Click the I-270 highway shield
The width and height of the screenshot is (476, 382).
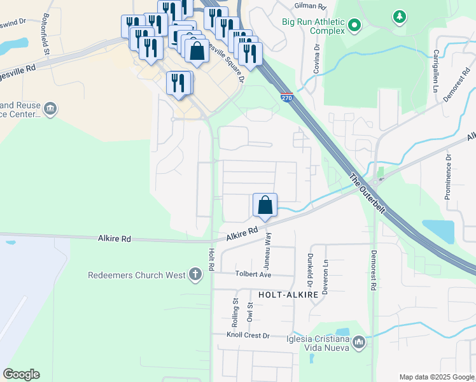click(286, 96)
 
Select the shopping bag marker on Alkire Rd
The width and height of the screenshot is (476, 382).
click(265, 206)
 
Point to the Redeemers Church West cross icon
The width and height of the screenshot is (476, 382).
click(195, 275)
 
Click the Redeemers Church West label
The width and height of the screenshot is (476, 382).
click(137, 275)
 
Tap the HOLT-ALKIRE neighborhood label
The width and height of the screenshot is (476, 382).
click(283, 295)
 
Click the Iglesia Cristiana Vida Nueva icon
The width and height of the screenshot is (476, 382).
click(359, 343)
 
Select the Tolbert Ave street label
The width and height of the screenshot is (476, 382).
click(253, 275)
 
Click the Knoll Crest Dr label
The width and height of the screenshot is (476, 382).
click(249, 335)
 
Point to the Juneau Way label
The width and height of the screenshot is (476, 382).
click(268, 250)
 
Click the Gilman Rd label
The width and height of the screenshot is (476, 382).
click(310, 6)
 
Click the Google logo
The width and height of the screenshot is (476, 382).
click(21, 374)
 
